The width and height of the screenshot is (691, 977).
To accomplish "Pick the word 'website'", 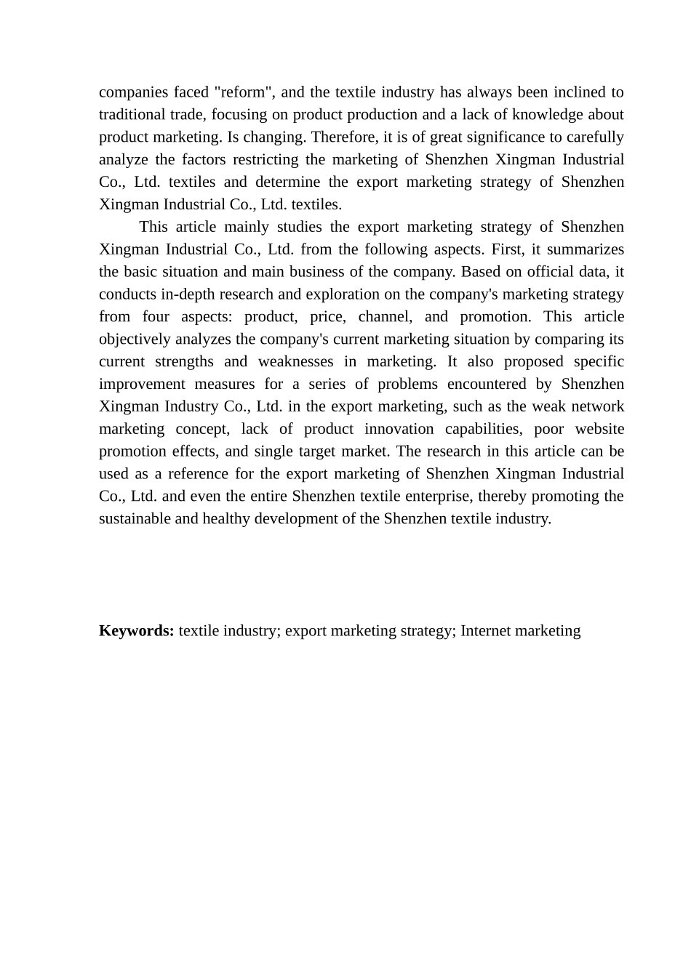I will coord(599,430).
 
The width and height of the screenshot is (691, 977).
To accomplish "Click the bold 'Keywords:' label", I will coord(136,631).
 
